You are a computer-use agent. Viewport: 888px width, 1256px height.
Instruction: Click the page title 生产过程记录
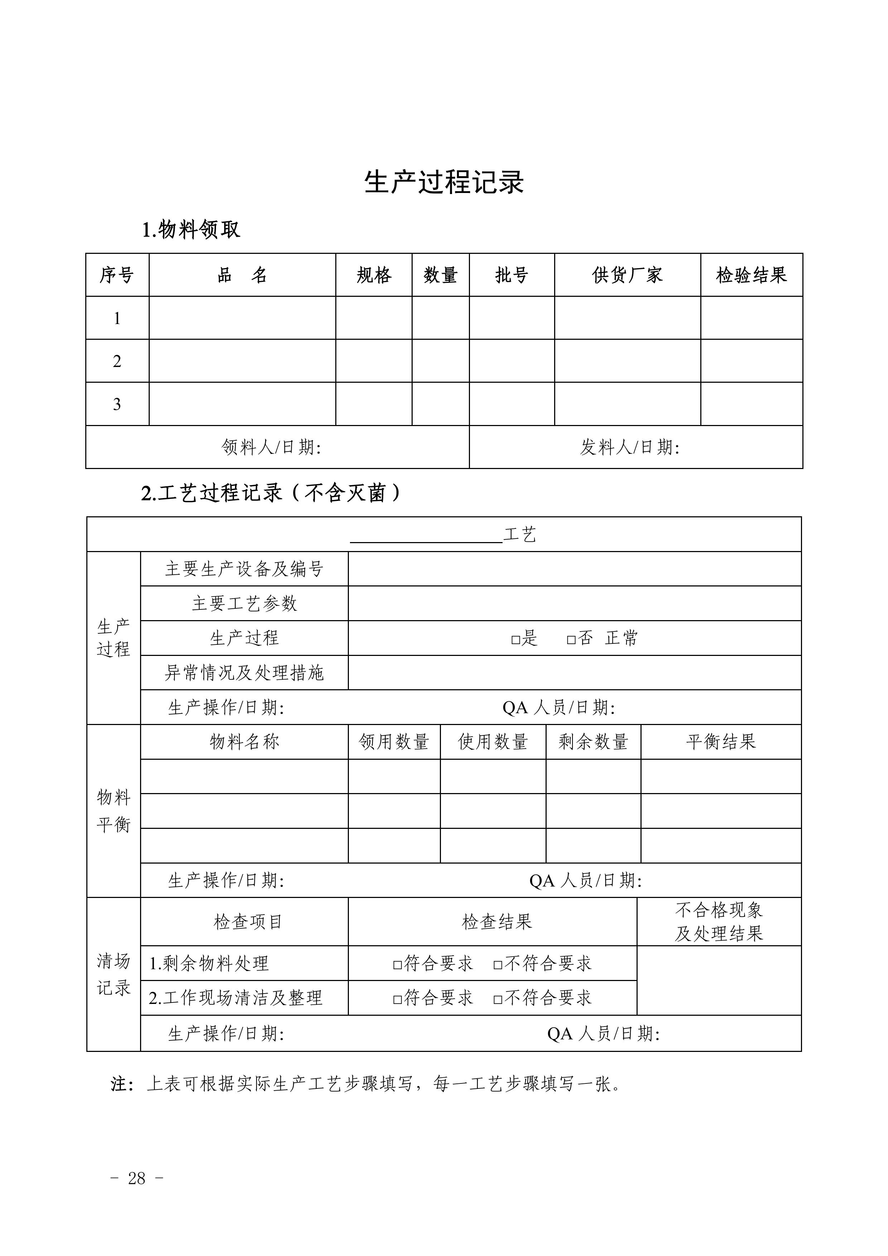tap(444, 182)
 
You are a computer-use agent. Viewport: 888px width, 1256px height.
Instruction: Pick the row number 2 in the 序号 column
tap(117, 361)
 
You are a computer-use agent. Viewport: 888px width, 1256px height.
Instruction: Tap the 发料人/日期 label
tap(630, 448)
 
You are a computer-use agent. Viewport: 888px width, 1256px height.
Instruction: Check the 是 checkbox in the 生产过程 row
tap(515, 639)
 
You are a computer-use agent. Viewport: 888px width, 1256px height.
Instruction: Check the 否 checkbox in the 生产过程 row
tap(571, 639)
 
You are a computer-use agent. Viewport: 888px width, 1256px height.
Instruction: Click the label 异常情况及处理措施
tap(244, 673)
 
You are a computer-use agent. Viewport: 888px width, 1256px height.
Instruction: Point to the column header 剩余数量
tap(593, 742)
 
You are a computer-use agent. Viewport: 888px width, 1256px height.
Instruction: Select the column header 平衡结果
tap(721, 742)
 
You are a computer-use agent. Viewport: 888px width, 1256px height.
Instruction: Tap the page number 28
tap(137, 1178)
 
